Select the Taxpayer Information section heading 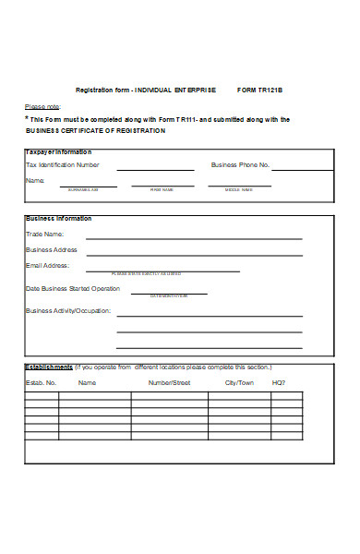tap(58, 151)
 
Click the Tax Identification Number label tap(62, 165)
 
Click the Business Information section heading tap(58, 219)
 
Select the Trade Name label tap(45, 235)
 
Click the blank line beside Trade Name tap(194, 239)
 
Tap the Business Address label tap(52, 249)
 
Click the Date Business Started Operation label tap(73, 288)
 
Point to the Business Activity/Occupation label tap(69, 311)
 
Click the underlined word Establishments tap(49, 367)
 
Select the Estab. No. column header tap(41, 382)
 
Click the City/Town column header tap(240, 382)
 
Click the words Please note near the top tap(42, 106)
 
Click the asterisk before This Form tap(26, 118)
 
